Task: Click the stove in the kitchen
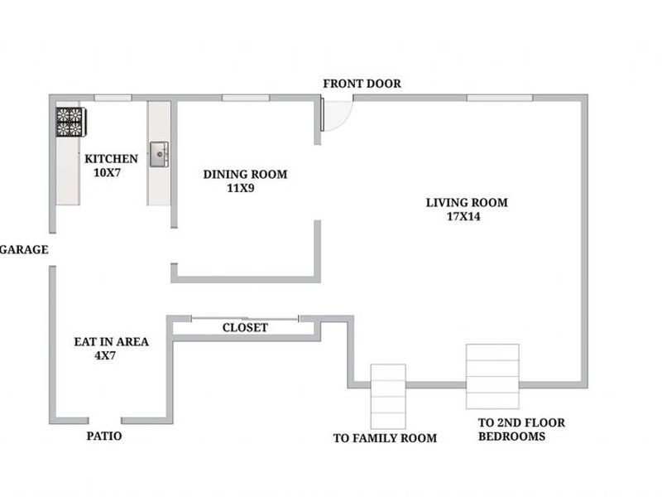(x=69, y=122)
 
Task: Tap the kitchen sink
(x=159, y=154)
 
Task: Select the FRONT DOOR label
(x=362, y=84)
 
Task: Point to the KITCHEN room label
(x=111, y=158)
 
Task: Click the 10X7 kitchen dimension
(x=108, y=173)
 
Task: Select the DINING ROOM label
(x=245, y=174)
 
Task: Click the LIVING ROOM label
(x=467, y=202)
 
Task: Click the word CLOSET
(x=245, y=328)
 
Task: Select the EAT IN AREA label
(x=112, y=340)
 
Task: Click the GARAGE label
(x=23, y=249)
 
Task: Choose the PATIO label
(x=104, y=436)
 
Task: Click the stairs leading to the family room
(x=387, y=395)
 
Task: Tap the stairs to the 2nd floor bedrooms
(x=492, y=377)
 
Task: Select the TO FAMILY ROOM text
(x=384, y=438)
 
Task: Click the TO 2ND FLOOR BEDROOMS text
(x=521, y=429)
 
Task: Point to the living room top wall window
(x=499, y=98)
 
